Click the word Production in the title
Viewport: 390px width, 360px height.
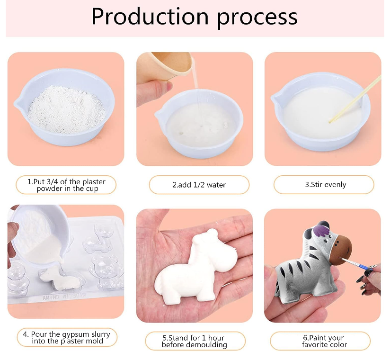tap(150, 17)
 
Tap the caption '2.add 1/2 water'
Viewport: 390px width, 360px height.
tap(199, 185)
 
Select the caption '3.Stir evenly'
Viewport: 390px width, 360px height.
tap(326, 184)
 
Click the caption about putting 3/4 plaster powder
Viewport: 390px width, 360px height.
tap(66, 185)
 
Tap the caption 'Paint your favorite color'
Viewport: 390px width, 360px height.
tap(324, 341)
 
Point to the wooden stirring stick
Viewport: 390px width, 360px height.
tap(355, 99)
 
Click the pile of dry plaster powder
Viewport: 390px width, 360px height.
tap(66, 109)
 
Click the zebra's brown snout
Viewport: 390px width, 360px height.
tap(341, 250)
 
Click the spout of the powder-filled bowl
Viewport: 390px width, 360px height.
tap(18, 103)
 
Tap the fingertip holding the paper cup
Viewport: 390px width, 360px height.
tap(167, 87)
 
